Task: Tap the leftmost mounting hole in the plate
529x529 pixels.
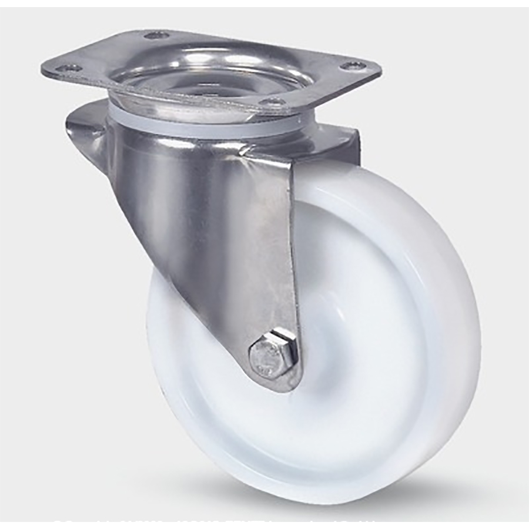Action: point(70,68)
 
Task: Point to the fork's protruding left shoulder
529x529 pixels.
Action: point(88,126)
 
